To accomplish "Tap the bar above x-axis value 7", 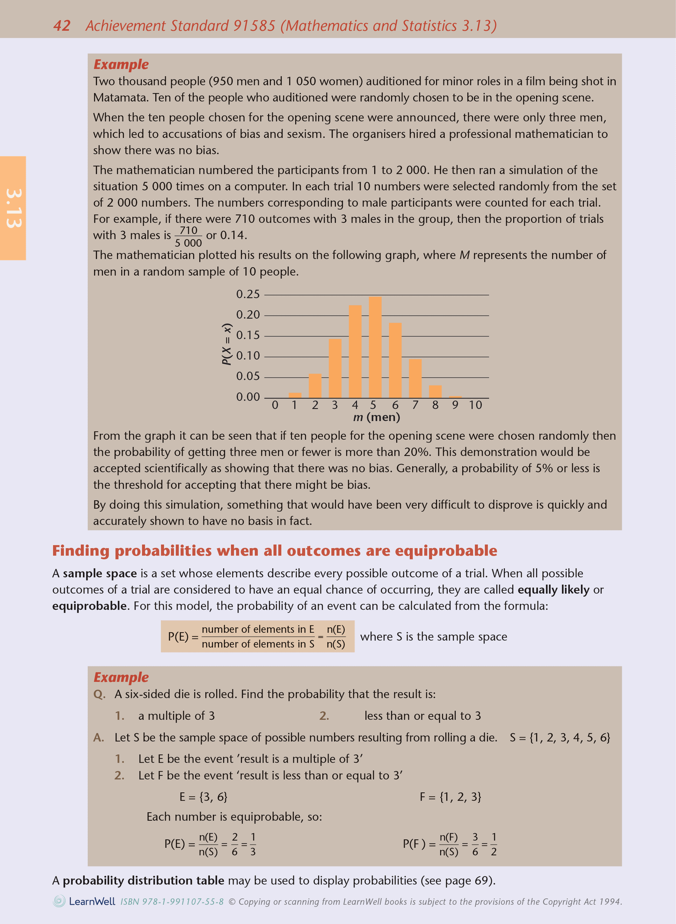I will coord(415,378).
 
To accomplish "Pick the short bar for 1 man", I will coord(295,395).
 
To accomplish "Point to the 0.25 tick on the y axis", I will coord(248,294).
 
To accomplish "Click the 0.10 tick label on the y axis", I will coord(248,356).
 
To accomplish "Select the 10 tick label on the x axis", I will coord(475,405).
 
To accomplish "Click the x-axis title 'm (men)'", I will coord(377,417).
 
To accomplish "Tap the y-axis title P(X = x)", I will coord(226,344).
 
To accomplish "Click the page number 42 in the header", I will coord(62,26).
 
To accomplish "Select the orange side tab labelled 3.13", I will coord(13,208).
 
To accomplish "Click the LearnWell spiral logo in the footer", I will coord(59,902).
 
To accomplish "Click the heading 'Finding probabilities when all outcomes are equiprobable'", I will coord(274,551).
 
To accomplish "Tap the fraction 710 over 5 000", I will coord(188,236).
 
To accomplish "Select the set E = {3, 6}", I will coord(204,797).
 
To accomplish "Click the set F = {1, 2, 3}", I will coord(451,797).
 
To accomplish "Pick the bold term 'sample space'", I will coord(100,573).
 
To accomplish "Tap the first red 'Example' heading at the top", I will coord(121,64).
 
